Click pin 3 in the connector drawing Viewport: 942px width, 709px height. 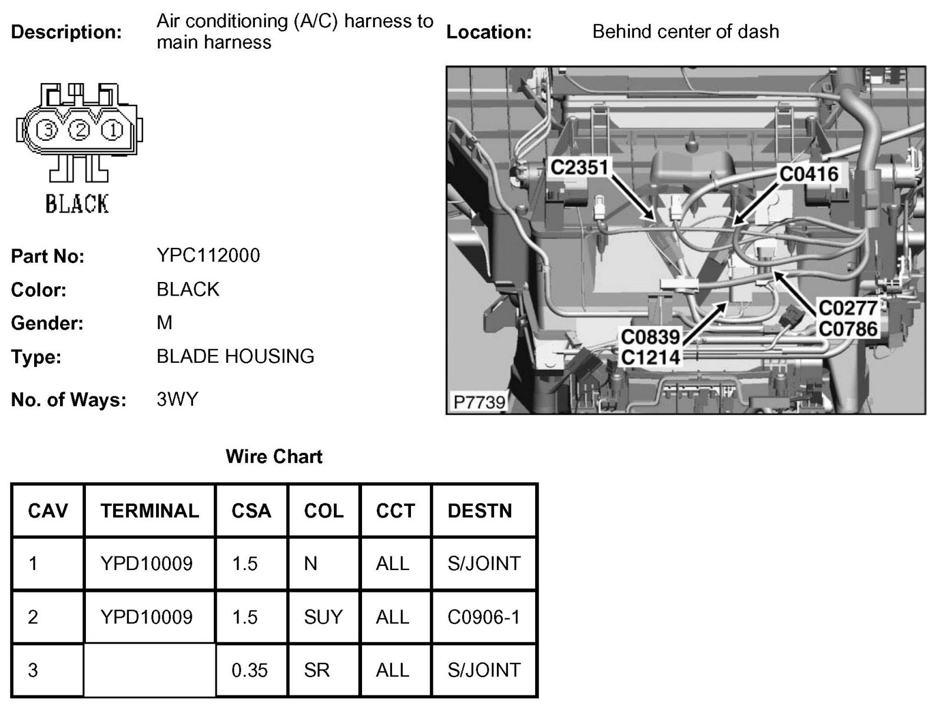(x=48, y=130)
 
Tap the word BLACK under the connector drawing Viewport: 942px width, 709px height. (x=77, y=204)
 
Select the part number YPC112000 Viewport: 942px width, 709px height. (x=208, y=255)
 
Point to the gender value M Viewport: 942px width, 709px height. (x=164, y=323)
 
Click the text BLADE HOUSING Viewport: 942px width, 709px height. (x=235, y=356)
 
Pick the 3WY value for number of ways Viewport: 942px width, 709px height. (x=177, y=400)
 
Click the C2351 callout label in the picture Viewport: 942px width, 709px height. (x=579, y=167)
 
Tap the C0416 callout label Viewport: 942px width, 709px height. (x=808, y=174)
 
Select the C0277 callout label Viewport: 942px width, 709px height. (x=848, y=307)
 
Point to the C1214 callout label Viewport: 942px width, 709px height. (x=650, y=357)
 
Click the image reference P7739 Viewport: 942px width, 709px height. (x=479, y=402)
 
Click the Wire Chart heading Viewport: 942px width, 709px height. (x=274, y=456)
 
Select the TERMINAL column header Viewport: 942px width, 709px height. (x=150, y=511)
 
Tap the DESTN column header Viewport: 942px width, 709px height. (x=479, y=511)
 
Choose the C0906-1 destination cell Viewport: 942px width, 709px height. (x=483, y=617)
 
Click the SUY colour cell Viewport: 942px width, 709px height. (x=323, y=617)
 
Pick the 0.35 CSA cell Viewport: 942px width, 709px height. (x=249, y=670)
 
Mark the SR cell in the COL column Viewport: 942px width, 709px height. (x=317, y=670)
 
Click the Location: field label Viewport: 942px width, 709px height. (x=488, y=32)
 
